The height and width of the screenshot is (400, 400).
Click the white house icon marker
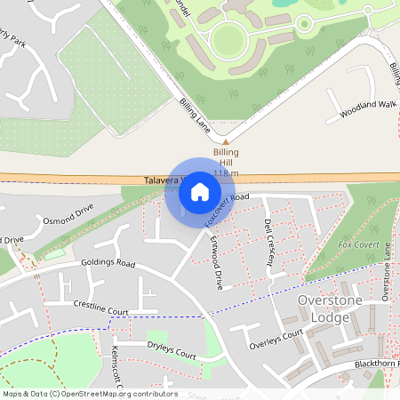[200, 192]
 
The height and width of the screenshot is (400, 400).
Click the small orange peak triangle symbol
[226, 141]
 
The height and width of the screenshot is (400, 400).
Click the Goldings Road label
[108, 264]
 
